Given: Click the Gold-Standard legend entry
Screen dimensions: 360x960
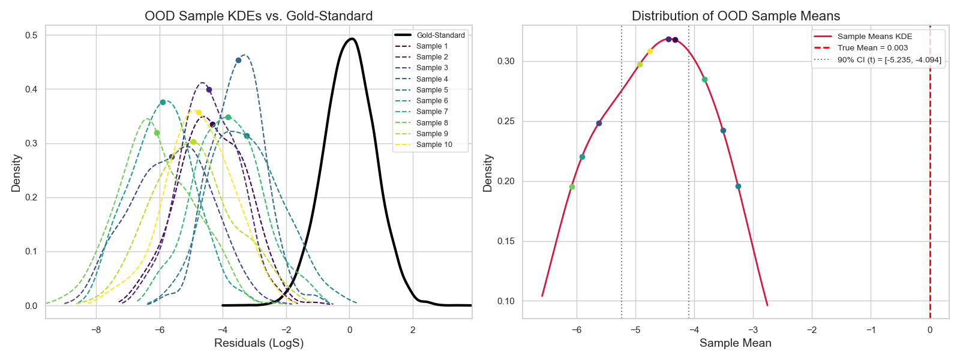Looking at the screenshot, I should pos(440,35).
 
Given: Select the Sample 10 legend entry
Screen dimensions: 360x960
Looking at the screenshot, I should pos(434,145).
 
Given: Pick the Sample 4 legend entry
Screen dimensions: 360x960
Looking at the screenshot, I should pos(432,79).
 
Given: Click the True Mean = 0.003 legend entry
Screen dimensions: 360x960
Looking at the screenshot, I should pos(872,48).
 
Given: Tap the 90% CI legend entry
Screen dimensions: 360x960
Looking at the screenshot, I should pos(889,60).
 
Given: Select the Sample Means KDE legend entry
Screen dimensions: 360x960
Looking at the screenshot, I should pos(874,37).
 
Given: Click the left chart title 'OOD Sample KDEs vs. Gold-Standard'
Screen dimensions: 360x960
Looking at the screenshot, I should pos(259,16).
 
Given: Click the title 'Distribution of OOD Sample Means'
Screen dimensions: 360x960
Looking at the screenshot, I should pos(736,16).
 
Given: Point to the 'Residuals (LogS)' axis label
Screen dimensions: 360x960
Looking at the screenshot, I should pos(259,343).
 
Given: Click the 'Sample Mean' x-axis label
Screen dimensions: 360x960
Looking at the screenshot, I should pos(735,343).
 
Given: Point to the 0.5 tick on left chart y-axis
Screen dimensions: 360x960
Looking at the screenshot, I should pos(31,35).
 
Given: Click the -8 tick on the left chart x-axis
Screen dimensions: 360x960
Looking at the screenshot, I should pos(96,330).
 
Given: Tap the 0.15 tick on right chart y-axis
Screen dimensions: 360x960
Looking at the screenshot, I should pos(506,241).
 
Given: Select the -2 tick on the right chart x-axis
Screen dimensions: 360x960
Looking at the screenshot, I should pos(812,330).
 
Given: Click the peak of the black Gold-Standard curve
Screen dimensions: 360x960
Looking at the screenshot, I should pos(352,39).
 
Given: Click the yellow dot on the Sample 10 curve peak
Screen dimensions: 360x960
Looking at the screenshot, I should pos(199,112).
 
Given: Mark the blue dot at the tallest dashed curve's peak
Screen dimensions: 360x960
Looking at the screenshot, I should pos(238,60).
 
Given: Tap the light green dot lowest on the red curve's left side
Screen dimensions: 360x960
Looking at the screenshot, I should pos(572,187).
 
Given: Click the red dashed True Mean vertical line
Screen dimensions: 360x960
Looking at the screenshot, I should pos(930,180).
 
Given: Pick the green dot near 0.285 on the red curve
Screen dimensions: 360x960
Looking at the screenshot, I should pos(704,79).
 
